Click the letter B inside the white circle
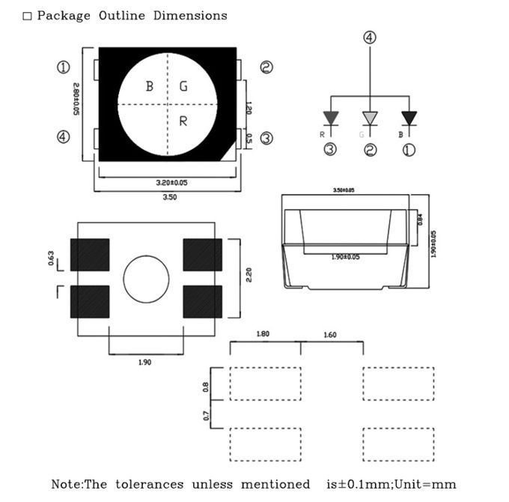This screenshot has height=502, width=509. point(150,87)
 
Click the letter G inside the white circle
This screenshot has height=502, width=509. point(183,87)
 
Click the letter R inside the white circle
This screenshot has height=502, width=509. point(183,121)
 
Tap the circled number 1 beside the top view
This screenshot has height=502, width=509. point(64,67)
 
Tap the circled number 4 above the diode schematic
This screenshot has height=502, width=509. point(371,37)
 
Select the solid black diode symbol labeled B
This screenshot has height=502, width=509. point(409,118)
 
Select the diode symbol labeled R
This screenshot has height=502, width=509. point(330,118)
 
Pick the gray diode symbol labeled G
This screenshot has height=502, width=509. point(370,118)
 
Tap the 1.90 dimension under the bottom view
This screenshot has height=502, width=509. point(145,363)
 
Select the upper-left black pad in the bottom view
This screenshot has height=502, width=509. point(90,255)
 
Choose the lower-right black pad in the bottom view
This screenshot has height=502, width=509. point(202,302)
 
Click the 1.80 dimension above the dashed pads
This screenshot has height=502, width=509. point(263,334)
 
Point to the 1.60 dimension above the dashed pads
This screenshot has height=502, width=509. point(331,334)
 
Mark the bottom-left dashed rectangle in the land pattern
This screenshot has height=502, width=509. point(265,445)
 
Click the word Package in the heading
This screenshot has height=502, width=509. point(64,16)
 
